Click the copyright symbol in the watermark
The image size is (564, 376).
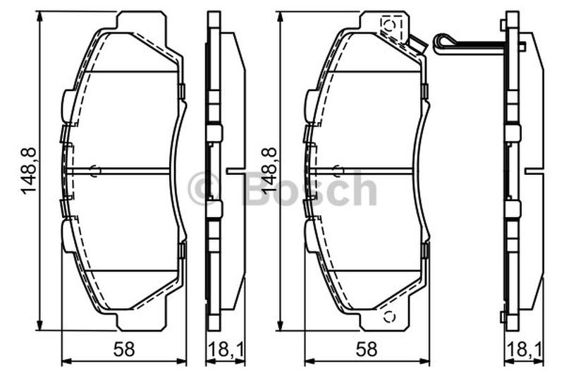[x=204, y=189]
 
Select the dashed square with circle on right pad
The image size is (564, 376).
[x=391, y=25]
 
